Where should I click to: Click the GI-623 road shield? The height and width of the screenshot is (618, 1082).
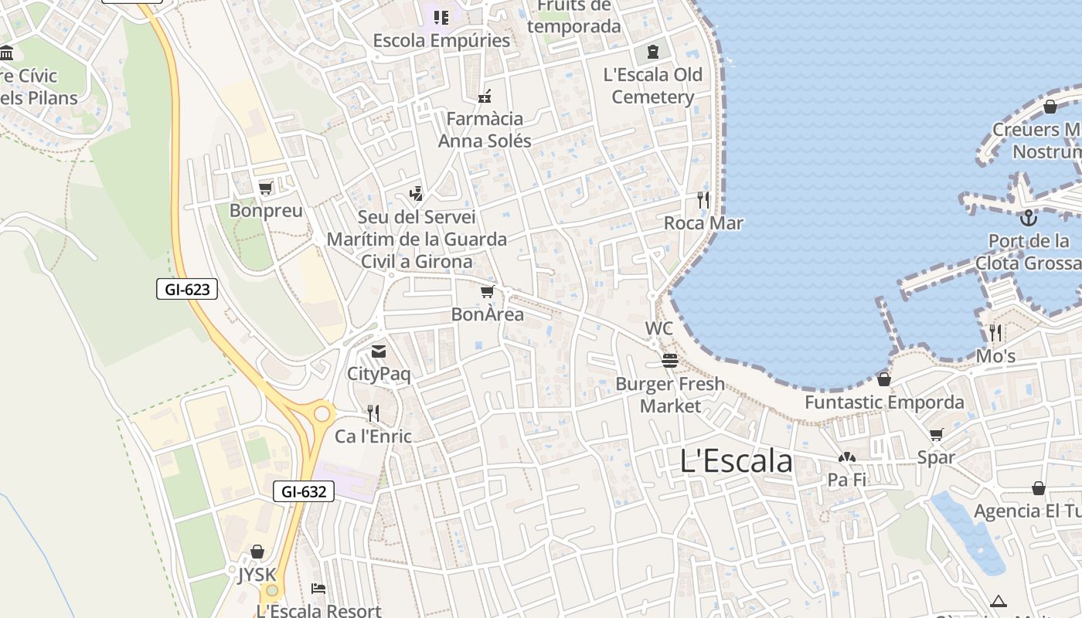(x=187, y=290)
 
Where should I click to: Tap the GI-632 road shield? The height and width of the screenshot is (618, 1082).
(x=304, y=491)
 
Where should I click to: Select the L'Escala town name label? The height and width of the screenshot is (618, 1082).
(x=737, y=461)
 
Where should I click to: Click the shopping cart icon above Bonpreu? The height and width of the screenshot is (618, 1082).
(x=266, y=188)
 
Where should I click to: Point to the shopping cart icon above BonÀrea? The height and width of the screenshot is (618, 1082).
(x=487, y=291)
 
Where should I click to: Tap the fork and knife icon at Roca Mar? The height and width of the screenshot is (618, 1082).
(x=703, y=200)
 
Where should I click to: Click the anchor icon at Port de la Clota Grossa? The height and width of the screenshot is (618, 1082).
(x=1028, y=218)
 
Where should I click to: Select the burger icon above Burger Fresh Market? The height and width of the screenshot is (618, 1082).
(x=670, y=361)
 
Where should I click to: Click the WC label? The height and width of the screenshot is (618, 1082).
(x=659, y=328)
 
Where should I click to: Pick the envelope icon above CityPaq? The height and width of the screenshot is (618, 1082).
(x=378, y=351)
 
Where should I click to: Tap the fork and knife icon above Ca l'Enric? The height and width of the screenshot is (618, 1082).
(x=373, y=413)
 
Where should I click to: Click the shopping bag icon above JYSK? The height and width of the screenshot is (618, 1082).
(x=257, y=552)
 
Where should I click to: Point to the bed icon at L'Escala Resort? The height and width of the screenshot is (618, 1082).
(x=318, y=588)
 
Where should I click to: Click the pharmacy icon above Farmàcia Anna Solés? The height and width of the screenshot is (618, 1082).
(x=485, y=97)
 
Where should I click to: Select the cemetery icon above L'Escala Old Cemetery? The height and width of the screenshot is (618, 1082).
(x=653, y=52)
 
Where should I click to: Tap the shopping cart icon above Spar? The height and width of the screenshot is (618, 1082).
(x=937, y=434)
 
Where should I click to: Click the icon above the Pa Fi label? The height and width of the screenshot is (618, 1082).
(x=847, y=457)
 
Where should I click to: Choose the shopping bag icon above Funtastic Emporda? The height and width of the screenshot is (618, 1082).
(x=884, y=379)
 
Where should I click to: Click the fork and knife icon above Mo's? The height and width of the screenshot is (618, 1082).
(x=995, y=333)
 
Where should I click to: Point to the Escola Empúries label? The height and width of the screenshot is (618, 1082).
(x=441, y=40)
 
